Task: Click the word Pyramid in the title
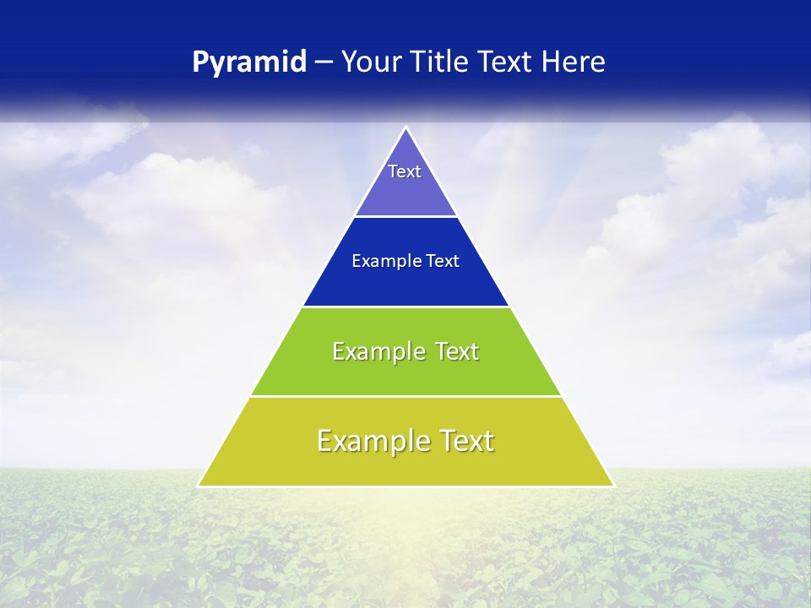click(249, 62)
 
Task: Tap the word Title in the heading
click(443, 62)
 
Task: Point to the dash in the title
click(324, 62)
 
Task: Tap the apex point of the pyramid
click(406, 128)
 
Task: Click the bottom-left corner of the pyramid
click(199, 486)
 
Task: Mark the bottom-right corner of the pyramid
click(613, 486)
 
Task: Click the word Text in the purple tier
click(405, 171)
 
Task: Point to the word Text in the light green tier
click(457, 351)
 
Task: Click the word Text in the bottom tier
click(466, 441)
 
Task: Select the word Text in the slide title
click(506, 62)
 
